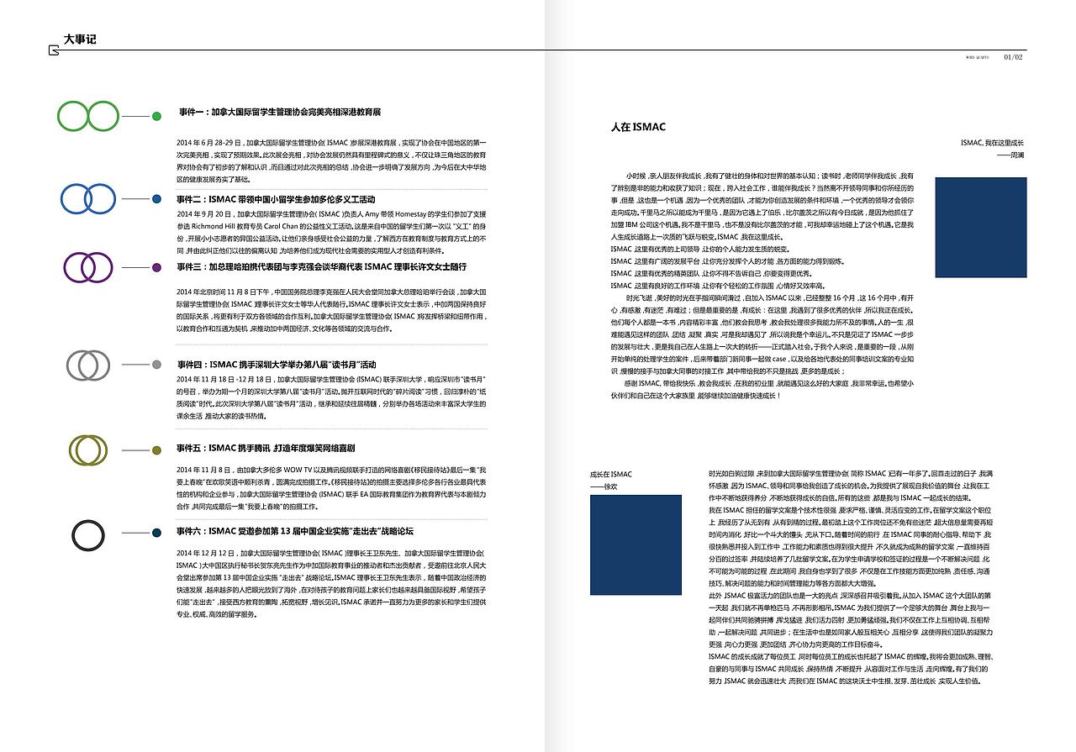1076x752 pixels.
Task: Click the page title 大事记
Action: (x=80, y=39)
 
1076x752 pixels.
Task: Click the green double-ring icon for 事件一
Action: (x=88, y=116)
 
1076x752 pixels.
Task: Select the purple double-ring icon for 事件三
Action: (x=88, y=267)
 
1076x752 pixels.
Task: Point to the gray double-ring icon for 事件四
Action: (x=88, y=365)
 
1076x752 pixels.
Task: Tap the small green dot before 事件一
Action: (x=156, y=116)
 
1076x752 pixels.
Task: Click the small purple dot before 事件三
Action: (x=156, y=267)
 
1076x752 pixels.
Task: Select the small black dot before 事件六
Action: (x=156, y=535)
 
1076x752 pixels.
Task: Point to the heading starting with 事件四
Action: (x=277, y=365)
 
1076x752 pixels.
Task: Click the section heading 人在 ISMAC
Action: (x=638, y=127)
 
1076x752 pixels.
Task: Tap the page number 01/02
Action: (x=1013, y=57)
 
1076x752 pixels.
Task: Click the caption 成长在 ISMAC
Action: (x=611, y=475)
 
